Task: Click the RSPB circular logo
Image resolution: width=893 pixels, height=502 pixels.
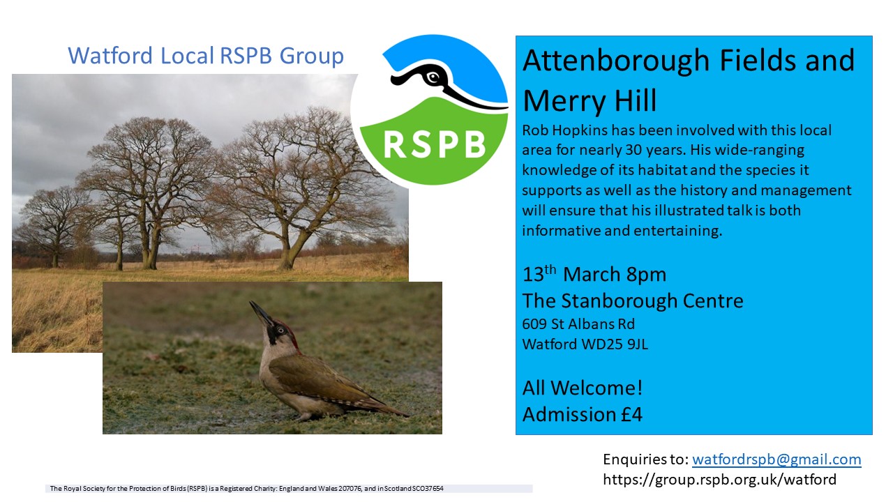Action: [x=430, y=110]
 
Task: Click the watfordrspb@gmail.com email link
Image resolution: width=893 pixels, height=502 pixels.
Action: [x=776, y=459]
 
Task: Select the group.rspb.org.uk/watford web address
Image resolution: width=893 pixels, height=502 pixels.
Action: [x=719, y=480]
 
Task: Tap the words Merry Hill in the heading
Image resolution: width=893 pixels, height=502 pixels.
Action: [x=590, y=100]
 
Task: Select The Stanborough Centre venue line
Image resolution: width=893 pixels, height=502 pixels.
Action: [x=633, y=301]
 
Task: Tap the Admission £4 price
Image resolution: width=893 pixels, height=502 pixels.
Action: [x=582, y=414]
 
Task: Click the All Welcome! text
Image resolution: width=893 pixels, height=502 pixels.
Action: [x=583, y=388]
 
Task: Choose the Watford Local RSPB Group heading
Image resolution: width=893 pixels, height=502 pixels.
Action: [x=206, y=56]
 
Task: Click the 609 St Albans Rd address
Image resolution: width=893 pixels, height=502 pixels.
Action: [x=578, y=324]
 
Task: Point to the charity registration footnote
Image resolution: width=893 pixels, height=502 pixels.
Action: [x=246, y=489]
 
